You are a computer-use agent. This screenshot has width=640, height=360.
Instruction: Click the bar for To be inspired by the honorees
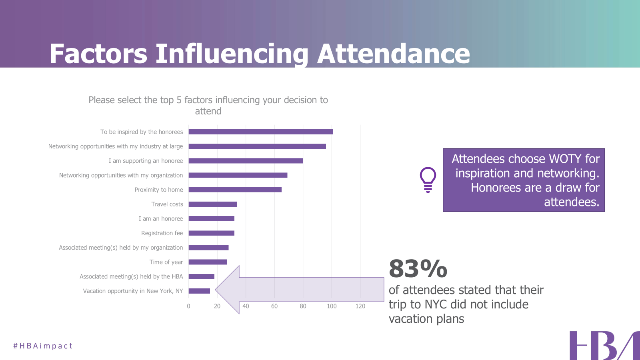tap(261, 132)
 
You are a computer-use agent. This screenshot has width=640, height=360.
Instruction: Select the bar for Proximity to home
tap(235, 190)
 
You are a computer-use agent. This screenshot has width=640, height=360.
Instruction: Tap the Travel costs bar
tap(213, 204)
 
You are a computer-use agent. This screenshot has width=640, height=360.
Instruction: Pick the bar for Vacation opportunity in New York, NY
tap(199, 291)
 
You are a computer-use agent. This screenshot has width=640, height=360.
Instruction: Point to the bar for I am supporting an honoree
tap(246, 161)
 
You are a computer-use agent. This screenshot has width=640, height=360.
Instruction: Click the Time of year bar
tap(208, 262)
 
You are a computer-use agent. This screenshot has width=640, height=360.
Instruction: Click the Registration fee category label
tap(162, 233)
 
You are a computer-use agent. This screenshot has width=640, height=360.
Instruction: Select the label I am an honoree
tap(161, 219)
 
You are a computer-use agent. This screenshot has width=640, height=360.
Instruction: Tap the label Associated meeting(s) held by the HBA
tap(131, 276)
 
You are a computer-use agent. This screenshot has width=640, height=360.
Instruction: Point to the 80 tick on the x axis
tap(303, 306)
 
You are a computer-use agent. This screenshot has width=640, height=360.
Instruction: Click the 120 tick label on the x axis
tap(360, 306)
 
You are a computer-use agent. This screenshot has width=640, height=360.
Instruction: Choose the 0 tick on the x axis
tap(189, 306)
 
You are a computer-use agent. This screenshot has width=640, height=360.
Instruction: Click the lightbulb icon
tap(428, 180)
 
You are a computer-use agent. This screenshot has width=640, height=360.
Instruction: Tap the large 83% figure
tap(418, 268)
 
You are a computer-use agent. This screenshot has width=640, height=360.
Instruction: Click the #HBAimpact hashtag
tap(43, 346)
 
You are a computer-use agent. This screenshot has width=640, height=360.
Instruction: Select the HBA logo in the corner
tap(604, 346)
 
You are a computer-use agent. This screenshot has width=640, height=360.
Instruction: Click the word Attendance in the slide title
tap(394, 54)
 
